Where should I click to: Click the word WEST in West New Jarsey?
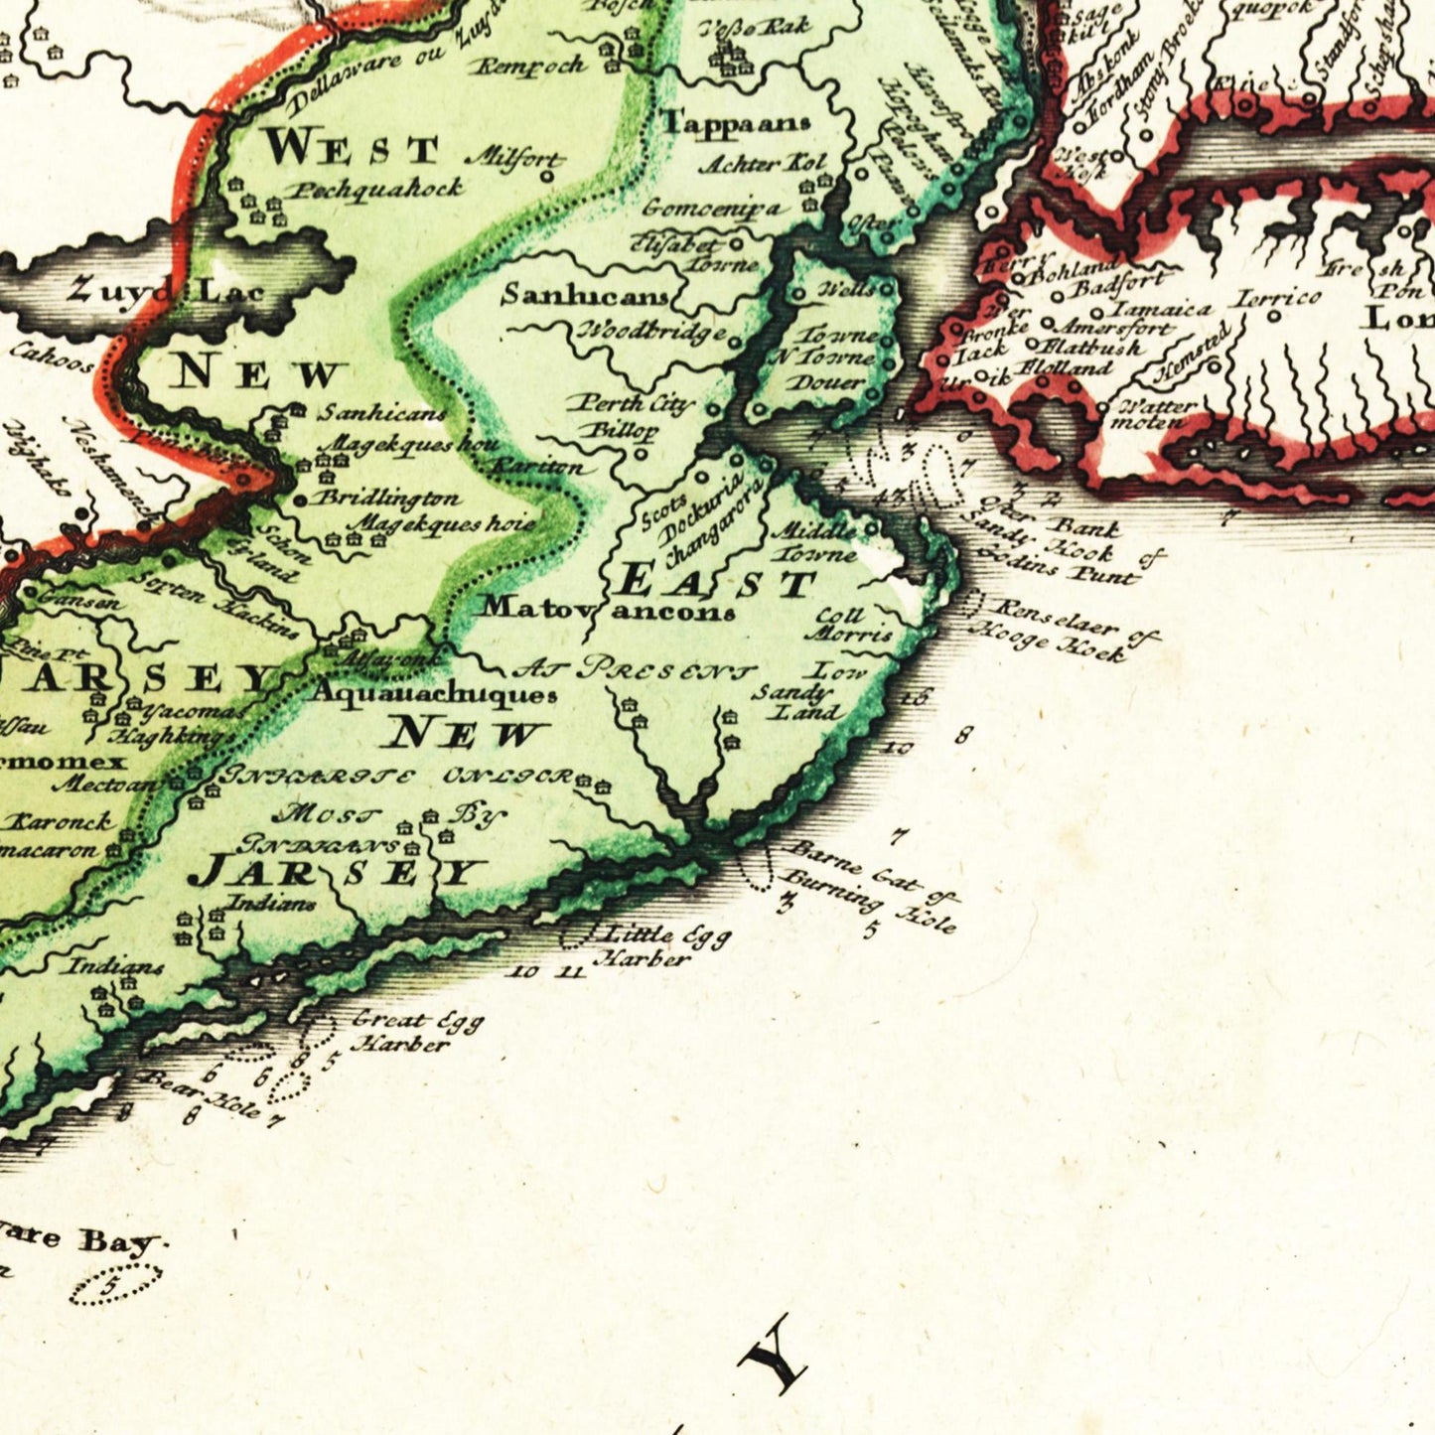point(353,148)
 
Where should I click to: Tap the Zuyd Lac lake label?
point(166,292)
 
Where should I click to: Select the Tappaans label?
point(735,124)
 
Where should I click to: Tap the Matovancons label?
point(608,609)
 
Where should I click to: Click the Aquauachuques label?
point(434,693)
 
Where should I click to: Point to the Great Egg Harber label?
point(415,1032)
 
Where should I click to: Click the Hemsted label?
point(1192,355)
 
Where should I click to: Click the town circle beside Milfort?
point(546,177)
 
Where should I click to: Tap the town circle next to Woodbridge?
point(734,343)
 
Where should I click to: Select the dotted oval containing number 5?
point(114,1285)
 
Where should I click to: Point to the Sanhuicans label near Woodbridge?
point(585,295)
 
